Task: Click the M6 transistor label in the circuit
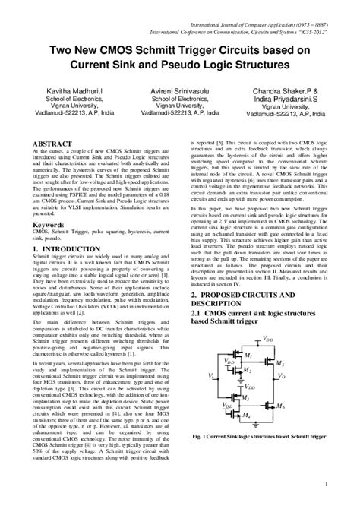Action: click(x=280, y=407)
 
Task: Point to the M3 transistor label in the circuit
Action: click(x=246, y=398)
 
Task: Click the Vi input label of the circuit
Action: click(x=210, y=376)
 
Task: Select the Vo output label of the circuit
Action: click(x=282, y=375)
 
